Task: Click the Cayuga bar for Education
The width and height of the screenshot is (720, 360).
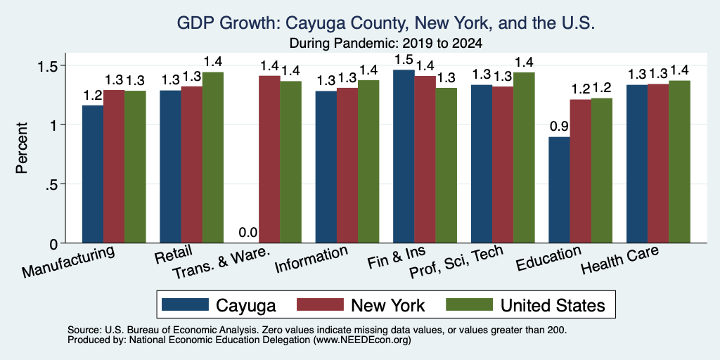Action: [x=559, y=190]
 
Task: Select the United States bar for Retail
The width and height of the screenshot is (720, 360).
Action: [x=213, y=157]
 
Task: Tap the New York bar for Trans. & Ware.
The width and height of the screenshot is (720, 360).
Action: [x=269, y=160]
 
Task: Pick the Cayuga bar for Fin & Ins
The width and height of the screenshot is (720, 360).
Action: [x=404, y=156]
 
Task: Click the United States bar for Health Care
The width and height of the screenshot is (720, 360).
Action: [x=680, y=162]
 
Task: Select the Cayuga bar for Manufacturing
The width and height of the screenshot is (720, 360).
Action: [x=93, y=174]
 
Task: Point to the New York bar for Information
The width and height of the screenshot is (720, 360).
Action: [x=347, y=165]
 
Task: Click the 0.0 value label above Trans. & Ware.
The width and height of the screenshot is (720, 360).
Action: [x=248, y=233]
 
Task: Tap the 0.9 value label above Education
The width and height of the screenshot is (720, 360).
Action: [x=559, y=127]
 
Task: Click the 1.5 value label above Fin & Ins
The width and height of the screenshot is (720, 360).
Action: [x=404, y=60]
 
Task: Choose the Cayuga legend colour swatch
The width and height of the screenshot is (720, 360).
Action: [x=185, y=304]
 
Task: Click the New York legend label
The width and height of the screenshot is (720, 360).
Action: [x=388, y=305]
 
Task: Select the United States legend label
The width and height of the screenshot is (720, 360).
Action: [x=553, y=305]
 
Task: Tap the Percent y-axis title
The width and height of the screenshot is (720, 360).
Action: [x=22, y=148]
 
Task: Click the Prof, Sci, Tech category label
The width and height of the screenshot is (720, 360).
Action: [x=456, y=262]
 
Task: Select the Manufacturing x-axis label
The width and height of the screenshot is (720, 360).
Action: [x=68, y=262]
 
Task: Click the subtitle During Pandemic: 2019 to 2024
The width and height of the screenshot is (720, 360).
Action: [x=386, y=44]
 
